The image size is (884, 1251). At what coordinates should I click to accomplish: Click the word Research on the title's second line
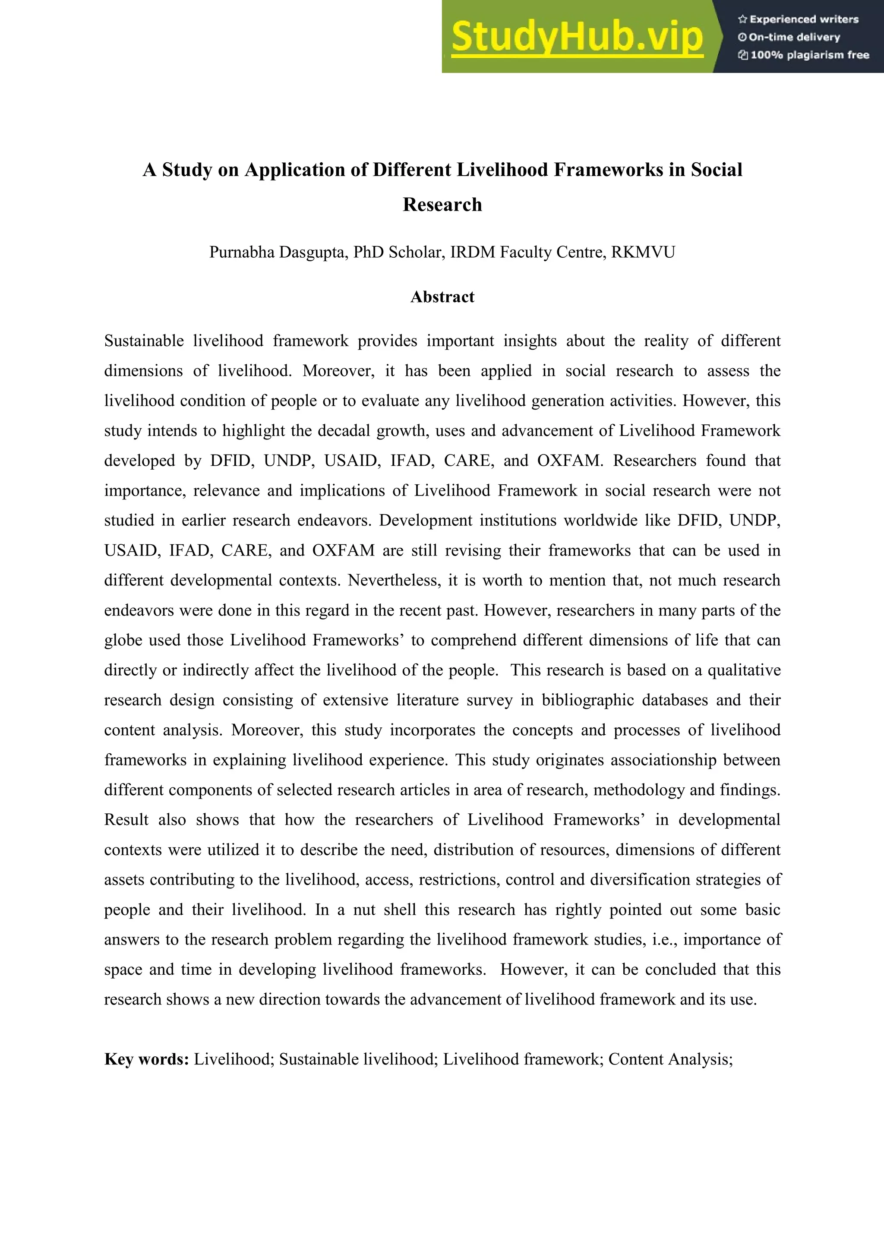(442, 205)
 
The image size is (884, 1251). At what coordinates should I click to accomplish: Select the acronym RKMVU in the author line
(643, 252)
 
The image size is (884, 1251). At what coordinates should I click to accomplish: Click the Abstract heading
(442, 297)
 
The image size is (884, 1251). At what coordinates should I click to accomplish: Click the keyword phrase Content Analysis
(670, 1059)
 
